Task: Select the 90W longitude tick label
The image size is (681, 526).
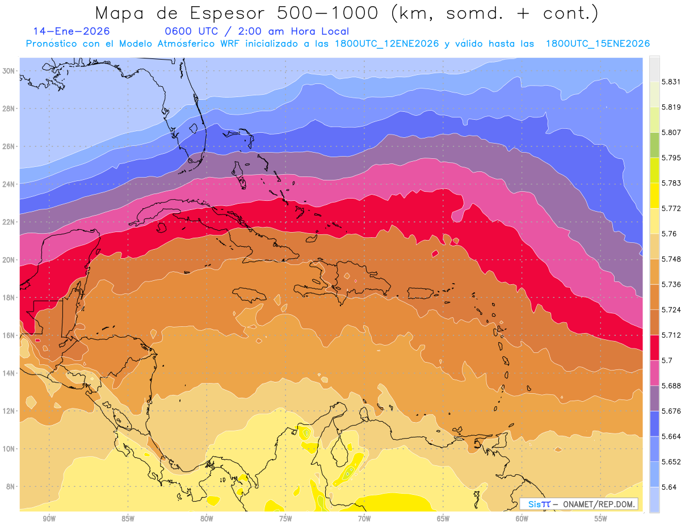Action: (x=49, y=519)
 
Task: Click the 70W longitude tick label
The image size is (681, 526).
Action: (x=364, y=519)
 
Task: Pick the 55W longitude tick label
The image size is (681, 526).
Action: (x=601, y=519)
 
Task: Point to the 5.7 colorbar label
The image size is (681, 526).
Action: (x=666, y=360)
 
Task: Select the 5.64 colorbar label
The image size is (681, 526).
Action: (x=668, y=487)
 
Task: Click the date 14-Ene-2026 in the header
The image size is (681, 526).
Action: (x=72, y=31)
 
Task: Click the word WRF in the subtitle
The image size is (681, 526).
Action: (x=232, y=44)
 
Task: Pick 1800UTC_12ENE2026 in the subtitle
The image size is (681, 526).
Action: (x=388, y=44)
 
